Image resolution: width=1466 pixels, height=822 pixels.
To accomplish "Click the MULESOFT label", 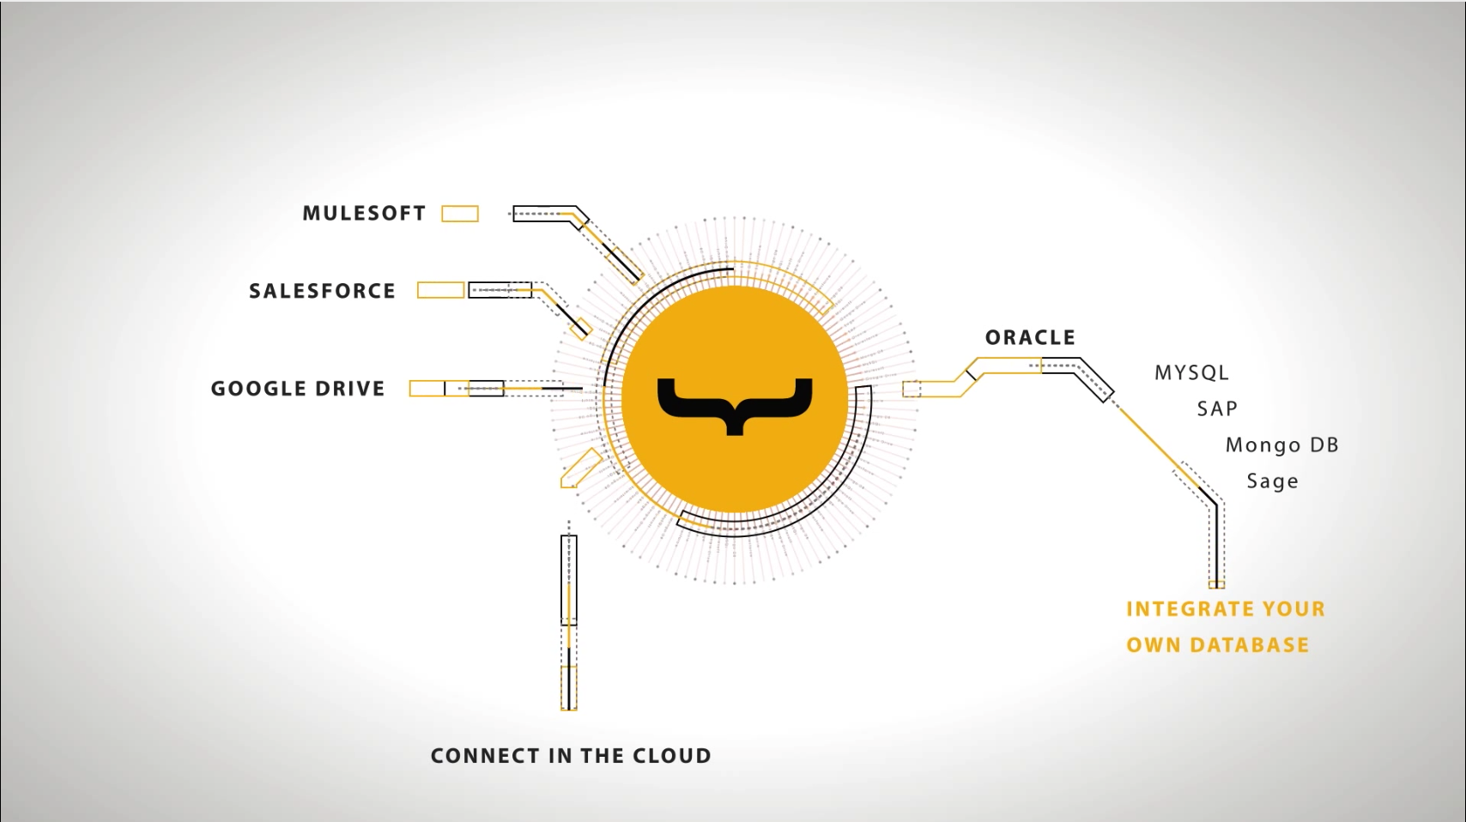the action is [x=364, y=214].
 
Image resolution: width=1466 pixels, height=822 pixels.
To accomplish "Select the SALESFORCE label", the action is [x=322, y=291].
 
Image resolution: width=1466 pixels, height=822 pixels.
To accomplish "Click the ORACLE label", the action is [x=1030, y=338].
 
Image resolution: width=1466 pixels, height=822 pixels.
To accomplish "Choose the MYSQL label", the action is [x=1192, y=373].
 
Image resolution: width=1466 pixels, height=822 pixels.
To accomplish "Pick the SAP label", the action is [x=1217, y=409].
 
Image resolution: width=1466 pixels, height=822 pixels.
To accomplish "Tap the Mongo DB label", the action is [x=1282, y=445].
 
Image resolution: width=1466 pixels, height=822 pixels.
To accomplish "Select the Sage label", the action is [x=1272, y=481].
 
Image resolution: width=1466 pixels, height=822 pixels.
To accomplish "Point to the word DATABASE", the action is [x=1250, y=645].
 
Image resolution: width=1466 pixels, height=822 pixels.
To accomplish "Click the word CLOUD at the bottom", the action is [x=672, y=756].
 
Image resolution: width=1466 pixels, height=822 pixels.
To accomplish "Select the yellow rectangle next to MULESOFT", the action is [x=460, y=214].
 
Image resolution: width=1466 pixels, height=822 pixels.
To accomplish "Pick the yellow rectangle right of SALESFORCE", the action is [x=440, y=290].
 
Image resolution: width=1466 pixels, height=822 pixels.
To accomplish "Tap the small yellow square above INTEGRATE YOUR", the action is [x=1216, y=584].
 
